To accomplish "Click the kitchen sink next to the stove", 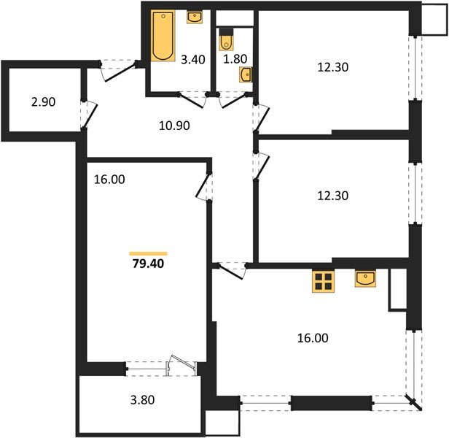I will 365,278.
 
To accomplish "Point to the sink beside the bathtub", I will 195,17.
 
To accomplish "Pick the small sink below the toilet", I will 246,73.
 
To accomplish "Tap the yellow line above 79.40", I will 149,253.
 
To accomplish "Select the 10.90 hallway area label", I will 174,126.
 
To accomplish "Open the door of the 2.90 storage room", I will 89,112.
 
